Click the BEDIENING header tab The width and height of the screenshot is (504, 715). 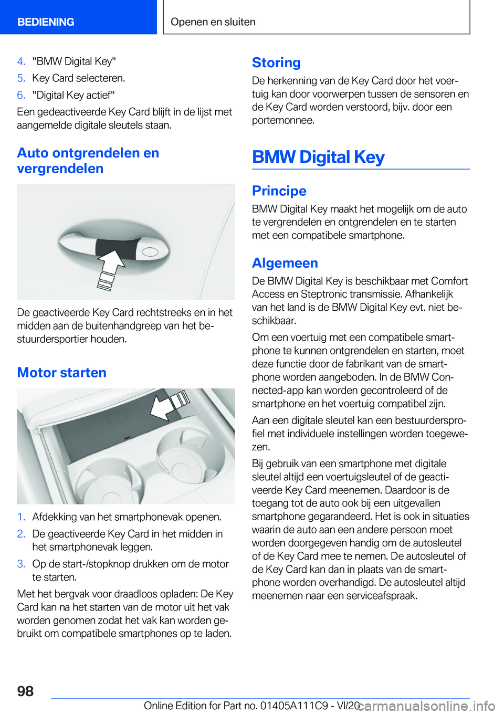click(46, 22)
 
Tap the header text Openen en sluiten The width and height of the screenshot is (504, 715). click(213, 22)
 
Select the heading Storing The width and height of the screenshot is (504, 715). click(276, 62)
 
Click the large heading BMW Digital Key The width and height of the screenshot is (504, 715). click(318, 157)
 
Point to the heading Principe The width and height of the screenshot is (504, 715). click(279, 191)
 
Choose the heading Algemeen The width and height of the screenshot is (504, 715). click(285, 263)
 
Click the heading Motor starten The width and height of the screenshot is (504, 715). click(61, 373)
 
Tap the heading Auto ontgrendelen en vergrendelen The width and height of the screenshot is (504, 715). click(88, 161)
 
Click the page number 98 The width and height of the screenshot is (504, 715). click(25, 691)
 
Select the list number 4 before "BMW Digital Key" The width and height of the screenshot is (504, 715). click(21, 61)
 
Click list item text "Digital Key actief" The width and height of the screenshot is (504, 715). click(73, 95)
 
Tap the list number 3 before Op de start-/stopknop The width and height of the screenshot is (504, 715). click(21, 564)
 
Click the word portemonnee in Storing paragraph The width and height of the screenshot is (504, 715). click(283, 120)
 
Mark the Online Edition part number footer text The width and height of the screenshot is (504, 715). click(252, 706)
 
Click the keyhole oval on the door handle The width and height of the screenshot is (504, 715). click(151, 252)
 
